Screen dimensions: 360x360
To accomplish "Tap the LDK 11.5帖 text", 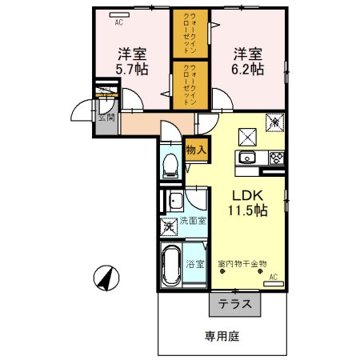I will coord(250,202).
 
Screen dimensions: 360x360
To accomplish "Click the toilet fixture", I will coord(169,166).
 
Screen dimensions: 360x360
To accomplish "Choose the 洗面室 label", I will coord(191,221).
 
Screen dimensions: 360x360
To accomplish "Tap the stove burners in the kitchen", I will coord(277,157).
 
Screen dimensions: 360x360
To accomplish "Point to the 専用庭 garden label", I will coord(222,337).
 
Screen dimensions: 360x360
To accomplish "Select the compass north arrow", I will coord(105,278).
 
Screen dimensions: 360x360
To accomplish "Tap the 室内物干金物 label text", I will coord(247,262).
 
